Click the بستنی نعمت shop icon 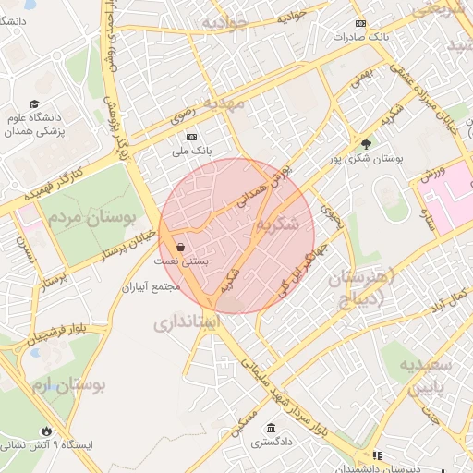click(x=180, y=247)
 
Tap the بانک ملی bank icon click(x=188, y=135)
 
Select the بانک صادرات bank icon click(x=359, y=24)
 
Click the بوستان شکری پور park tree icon click(x=367, y=143)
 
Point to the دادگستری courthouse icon click(x=270, y=428)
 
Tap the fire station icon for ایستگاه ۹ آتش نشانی click(x=47, y=431)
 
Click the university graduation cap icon click(x=34, y=104)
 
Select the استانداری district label click(x=198, y=323)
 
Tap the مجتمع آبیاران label click(x=152, y=287)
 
